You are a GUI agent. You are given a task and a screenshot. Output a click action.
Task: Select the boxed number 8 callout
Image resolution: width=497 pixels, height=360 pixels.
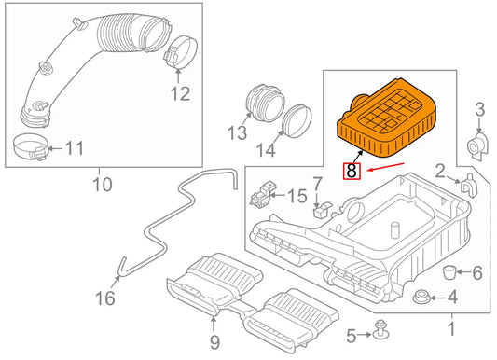[x=352, y=171]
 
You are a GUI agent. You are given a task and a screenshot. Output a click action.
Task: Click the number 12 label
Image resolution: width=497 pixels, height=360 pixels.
[x=179, y=93]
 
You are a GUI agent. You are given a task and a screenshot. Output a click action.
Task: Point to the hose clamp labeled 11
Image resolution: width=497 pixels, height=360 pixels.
[x=31, y=145]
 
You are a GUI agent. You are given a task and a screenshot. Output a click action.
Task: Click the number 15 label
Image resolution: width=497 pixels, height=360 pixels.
[x=296, y=196]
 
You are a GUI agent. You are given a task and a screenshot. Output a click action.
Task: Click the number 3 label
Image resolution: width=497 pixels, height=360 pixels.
[x=479, y=112]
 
